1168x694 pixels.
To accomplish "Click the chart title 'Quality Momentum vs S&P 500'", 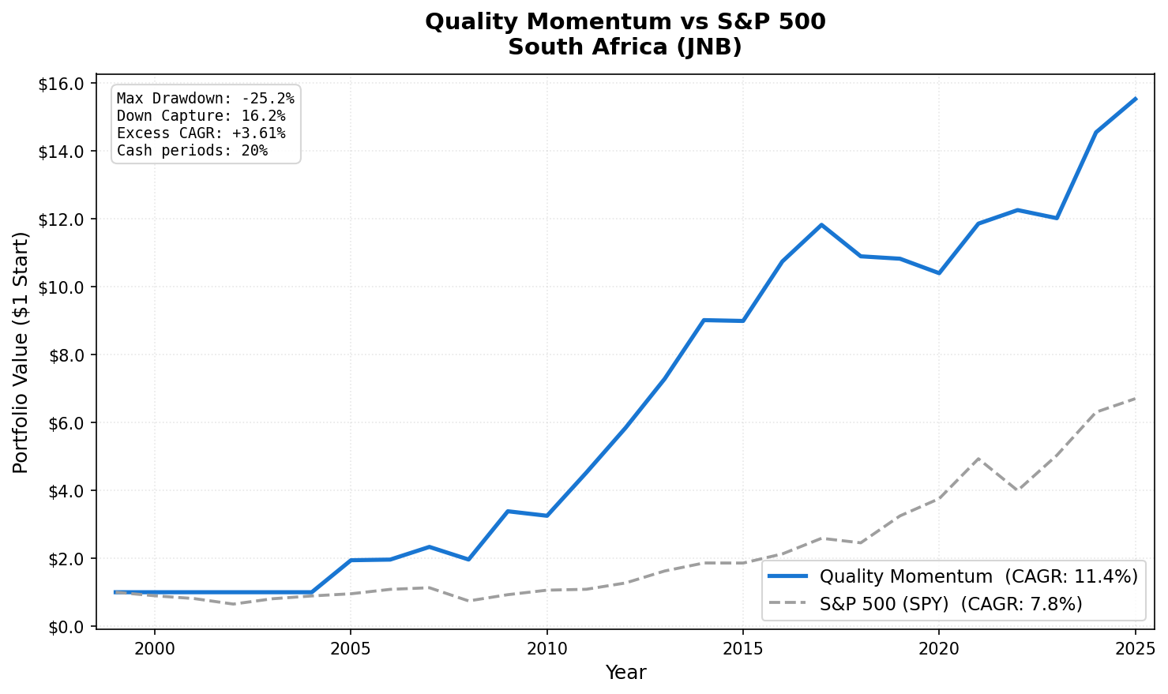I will point(625,21).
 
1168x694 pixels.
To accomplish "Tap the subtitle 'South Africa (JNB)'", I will point(625,47).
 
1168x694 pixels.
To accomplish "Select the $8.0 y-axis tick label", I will point(66,355).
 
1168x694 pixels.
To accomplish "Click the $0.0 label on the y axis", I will point(66,627).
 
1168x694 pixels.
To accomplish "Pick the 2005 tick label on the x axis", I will point(351,648).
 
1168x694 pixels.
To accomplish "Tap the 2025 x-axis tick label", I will point(1135,648).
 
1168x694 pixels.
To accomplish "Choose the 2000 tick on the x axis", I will point(155,648).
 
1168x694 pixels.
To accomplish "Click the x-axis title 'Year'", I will point(625,673).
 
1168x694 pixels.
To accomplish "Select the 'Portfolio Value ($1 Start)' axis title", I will point(21,352).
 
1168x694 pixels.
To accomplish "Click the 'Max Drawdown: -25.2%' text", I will point(205,99).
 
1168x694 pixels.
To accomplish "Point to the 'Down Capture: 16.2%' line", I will point(201,116).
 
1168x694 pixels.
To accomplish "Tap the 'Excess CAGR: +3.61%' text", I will point(201,133).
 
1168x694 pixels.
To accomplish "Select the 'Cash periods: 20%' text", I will point(192,151).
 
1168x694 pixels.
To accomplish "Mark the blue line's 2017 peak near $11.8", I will point(821,225).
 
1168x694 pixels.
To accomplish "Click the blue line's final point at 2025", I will point(1135,99).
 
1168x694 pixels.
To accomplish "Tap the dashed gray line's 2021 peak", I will point(978,458).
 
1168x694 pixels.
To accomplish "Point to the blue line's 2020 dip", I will point(938,273).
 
